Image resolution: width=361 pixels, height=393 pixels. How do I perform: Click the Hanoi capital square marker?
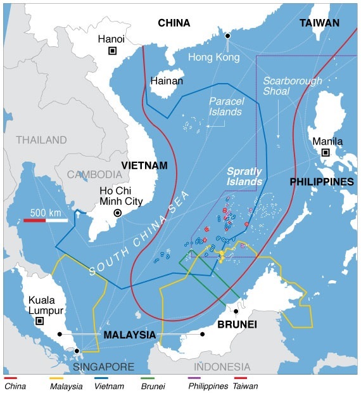pos(112,51)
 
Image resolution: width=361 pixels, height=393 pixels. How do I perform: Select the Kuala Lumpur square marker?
pos(39,321)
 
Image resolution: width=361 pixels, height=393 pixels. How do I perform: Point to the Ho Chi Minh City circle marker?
pos(117,214)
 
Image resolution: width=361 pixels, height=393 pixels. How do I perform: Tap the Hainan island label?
pos(167,81)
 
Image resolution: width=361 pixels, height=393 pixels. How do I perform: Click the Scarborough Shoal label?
pos(293,87)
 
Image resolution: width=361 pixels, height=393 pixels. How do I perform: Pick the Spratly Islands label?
pos(244,177)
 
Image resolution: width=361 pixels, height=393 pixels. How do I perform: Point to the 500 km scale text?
pos(45,212)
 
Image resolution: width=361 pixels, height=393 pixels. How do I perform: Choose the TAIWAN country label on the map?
pos(319,23)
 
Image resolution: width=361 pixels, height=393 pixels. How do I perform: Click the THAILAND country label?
pos(41,139)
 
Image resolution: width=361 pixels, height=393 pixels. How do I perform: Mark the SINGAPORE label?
pos(103,366)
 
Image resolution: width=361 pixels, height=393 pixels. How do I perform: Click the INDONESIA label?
pos(222,366)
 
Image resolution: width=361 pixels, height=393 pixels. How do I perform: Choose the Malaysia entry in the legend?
pos(66,384)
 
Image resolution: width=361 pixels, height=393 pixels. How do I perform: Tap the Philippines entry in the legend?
pos(206,384)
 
